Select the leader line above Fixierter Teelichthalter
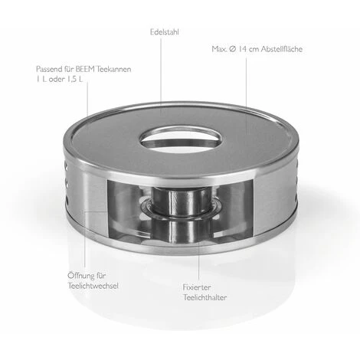point(198,253)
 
